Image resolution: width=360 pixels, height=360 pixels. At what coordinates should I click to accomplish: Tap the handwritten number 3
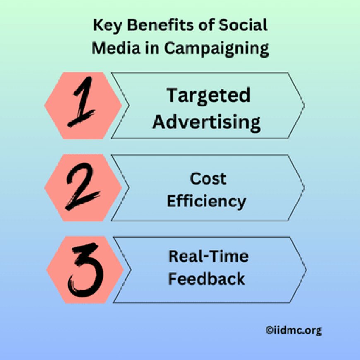84,270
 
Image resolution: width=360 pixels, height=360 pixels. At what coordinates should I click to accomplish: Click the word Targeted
208,96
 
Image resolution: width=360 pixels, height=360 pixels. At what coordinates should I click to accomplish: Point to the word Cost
208,179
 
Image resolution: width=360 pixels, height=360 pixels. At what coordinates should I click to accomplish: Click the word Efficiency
206,202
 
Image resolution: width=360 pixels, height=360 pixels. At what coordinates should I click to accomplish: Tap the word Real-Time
208,257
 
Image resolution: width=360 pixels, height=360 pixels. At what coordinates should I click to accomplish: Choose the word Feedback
206,279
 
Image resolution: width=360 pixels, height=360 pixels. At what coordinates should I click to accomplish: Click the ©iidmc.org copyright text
293,330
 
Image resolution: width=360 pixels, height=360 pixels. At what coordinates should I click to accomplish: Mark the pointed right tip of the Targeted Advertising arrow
304,105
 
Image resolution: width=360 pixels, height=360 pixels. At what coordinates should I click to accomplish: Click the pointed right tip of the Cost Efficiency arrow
304,187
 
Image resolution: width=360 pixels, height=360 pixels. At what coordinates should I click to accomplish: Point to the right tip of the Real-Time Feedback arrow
306,270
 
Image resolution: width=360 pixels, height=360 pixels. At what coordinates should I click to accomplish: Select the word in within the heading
149,48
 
